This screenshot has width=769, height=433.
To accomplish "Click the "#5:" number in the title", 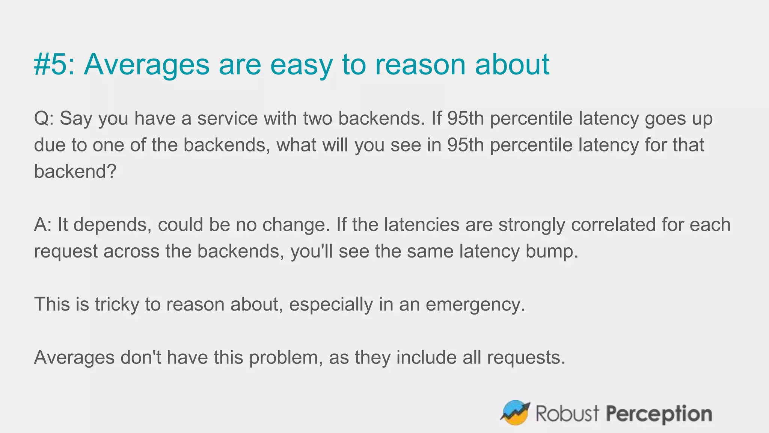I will tap(55, 64).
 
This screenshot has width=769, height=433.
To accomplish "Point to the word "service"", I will tap(227, 118).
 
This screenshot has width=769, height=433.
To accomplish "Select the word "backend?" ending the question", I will tap(75, 171).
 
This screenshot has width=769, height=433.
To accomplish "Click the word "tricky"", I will tap(117, 304).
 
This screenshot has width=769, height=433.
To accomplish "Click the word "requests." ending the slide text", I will tap(526, 358).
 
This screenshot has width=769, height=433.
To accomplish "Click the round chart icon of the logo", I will tap(515, 412).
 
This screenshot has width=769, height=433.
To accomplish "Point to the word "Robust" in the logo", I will tap(567, 413).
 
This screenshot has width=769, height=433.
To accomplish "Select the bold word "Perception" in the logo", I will tap(659, 414).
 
